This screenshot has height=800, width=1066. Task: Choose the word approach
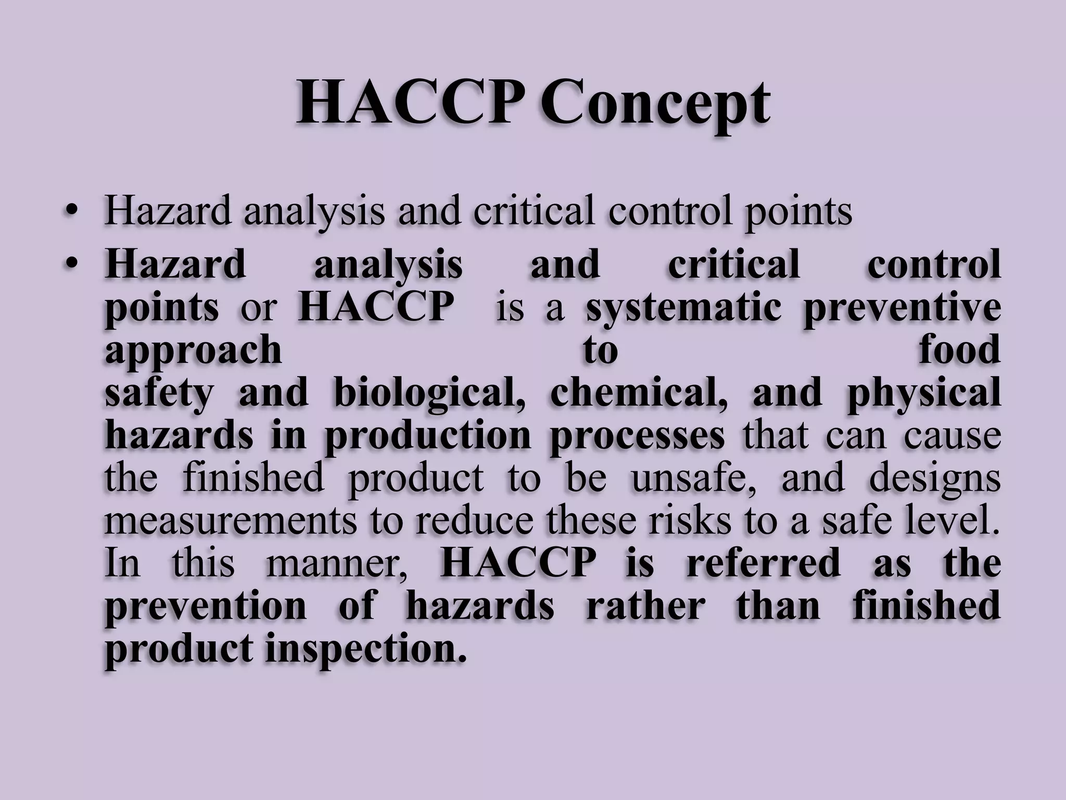pyautogui.click(x=193, y=352)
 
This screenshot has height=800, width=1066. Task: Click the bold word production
pyautogui.click(x=427, y=436)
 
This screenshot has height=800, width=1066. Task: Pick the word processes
pyautogui.click(x=637, y=436)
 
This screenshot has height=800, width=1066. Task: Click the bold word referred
pyautogui.click(x=763, y=564)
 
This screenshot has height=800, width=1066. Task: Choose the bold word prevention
pyautogui.click(x=206, y=607)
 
